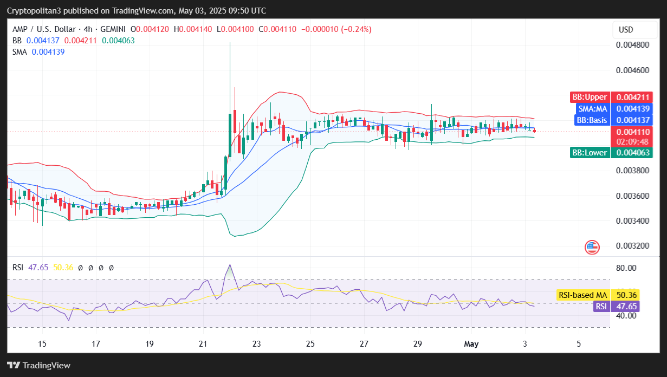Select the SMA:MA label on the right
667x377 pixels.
[x=592, y=109]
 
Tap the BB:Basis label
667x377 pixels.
[x=592, y=120]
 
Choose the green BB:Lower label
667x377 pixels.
[x=590, y=153]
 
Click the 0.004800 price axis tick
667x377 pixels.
[x=633, y=44]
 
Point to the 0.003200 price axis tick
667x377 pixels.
[x=633, y=246]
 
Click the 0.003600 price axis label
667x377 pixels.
[x=633, y=196]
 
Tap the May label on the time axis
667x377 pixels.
[x=470, y=343]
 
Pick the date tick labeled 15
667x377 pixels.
[x=42, y=343]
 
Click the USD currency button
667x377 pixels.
[x=626, y=30]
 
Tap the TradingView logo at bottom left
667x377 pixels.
[x=39, y=365]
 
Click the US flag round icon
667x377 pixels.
[x=592, y=248]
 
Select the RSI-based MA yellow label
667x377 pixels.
[x=582, y=295]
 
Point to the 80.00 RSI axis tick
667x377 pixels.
[x=626, y=268]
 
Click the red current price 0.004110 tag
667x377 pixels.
[x=625, y=132]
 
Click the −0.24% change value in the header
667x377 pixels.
[x=356, y=29]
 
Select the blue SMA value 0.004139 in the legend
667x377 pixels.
[x=48, y=52]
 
